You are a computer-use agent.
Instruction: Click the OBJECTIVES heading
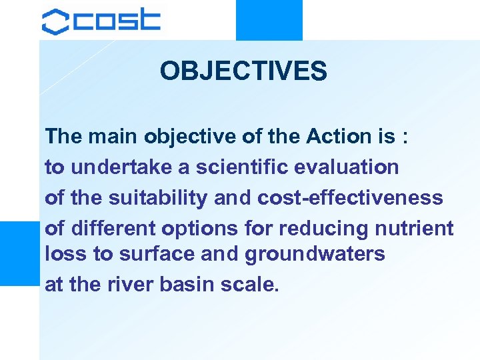243,71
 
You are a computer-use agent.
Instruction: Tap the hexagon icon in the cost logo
55,21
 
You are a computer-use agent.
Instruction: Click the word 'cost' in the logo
117,21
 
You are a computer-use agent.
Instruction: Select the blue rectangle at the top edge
269,20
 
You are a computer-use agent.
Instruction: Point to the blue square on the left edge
19,253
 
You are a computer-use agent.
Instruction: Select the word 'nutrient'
414,229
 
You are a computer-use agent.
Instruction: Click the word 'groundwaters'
315,254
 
